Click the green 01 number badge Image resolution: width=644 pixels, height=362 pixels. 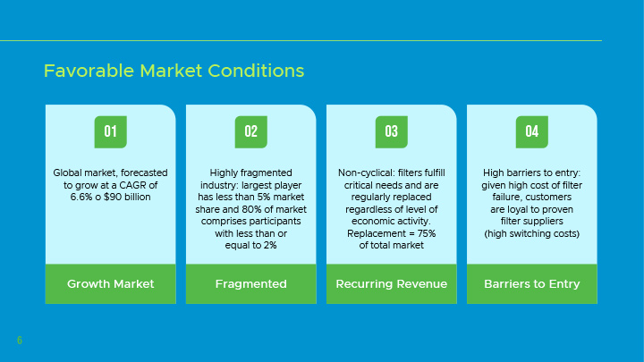pyautogui.click(x=111, y=131)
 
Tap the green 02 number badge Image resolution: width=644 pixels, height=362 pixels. pyautogui.click(x=251, y=131)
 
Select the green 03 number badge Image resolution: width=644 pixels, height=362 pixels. pyautogui.click(x=392, y=131)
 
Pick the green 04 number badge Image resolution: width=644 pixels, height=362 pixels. pyautogui.click(x=532, y=131)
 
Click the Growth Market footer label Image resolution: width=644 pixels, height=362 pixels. pyautogui.click(x=111, y=284)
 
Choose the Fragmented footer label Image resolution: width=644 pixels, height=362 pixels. pyautogui.click(x=251, y=284)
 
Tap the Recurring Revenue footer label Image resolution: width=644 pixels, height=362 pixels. pyautogui.click(x=392, y=284)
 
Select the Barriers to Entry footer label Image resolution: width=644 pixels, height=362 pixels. pyautogui.click(x=532, y=284)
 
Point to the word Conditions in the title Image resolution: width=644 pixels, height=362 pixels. pyautogui.click(x=256, y=71)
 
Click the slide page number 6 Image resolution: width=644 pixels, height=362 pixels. pyautogui.click(x=20, y=341)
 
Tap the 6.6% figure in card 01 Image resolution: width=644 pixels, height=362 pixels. pyautogui.click(x=81, y=197)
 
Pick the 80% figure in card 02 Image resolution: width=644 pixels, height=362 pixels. pyautogui.click(x=251, y=209)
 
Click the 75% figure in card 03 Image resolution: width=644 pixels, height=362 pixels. pyautogui.click(x=427, y=233)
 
